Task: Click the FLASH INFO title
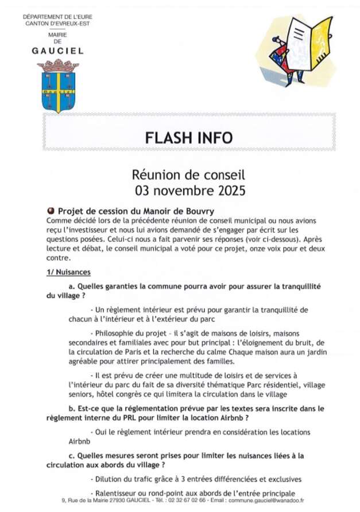pyautogui.click(x=188, y=138)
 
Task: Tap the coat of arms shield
pyautogui.click(x=58, y=92)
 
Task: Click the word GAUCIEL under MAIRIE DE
pyautogui.click(x=57, y=51)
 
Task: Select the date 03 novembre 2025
pyautogui.click(x=189, y=189)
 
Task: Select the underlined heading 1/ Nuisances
pyautogui.click(x=68, y=272)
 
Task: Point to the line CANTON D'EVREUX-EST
pyautogui.click(x=57, y=24)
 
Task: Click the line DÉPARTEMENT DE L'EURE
pyautogui.click(x=57, y=17)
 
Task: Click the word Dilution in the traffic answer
pyautogui.click(x=110, y=479)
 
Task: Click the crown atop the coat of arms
pyautogui.click(x=58, y=66)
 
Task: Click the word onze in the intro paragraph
pyautogui.click(x=241, y=249)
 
